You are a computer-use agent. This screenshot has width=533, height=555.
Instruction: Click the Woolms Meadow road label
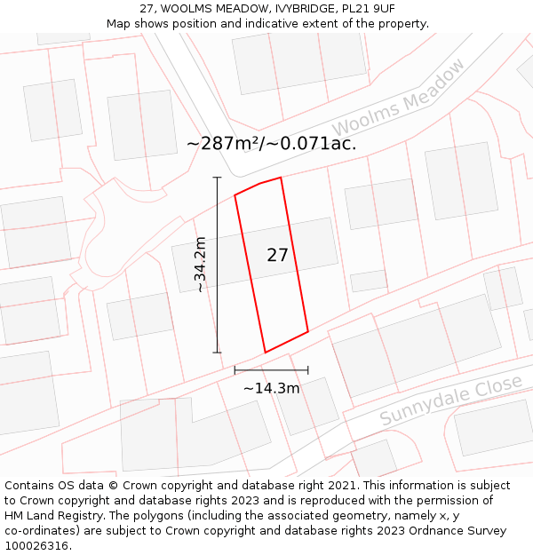click(x=400, y=99)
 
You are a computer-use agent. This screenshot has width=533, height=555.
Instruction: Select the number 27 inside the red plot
click(x=277, y=255)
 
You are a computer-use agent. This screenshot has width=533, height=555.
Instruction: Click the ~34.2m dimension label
click(x=201, y=265)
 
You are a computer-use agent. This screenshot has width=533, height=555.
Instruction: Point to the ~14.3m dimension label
click(x=271, y=388)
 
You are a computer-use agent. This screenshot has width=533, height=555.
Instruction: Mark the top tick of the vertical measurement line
click(x=217, y=178)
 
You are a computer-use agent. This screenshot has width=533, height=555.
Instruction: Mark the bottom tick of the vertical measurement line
click(x=217, y=353)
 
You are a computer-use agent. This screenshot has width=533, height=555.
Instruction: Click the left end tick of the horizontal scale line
click(x=235, y=369)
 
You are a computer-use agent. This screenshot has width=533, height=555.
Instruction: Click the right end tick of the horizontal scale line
click(x=308, y=369)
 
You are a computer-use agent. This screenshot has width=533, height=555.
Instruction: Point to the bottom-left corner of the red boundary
click(x=265, y=353)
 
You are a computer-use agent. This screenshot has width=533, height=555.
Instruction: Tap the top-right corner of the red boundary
click(x=281, y=178)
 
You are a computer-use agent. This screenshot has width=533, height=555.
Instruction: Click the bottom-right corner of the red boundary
click(x=308, y=332)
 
